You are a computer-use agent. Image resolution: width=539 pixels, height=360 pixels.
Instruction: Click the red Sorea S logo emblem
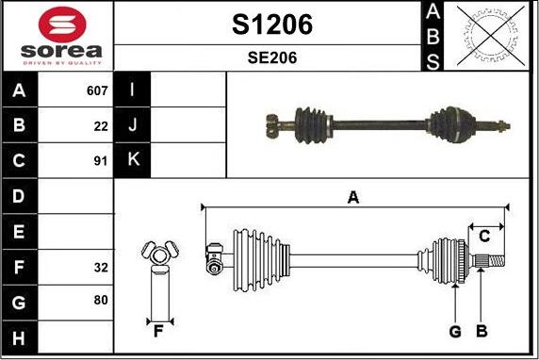[x=62, y=25]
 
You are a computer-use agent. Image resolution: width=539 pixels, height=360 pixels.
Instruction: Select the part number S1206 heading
[x=272, y=25]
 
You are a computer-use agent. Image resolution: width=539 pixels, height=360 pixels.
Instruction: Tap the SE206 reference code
[x=272, y=57]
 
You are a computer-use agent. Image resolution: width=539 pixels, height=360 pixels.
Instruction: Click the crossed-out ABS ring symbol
[x=491, y=36]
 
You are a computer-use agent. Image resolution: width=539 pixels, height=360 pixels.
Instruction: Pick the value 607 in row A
[x=97, y=90]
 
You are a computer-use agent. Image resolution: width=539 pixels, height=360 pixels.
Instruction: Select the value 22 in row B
[x=101, y=126]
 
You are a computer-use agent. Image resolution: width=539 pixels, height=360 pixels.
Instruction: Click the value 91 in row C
[x=101, y=161]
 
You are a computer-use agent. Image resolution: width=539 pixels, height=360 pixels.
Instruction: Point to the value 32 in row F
[x=101, y=268]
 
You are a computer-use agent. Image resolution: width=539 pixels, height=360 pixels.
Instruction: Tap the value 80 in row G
[x=101, y=300]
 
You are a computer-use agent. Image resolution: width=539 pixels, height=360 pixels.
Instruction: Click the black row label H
[x=19, y=338]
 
